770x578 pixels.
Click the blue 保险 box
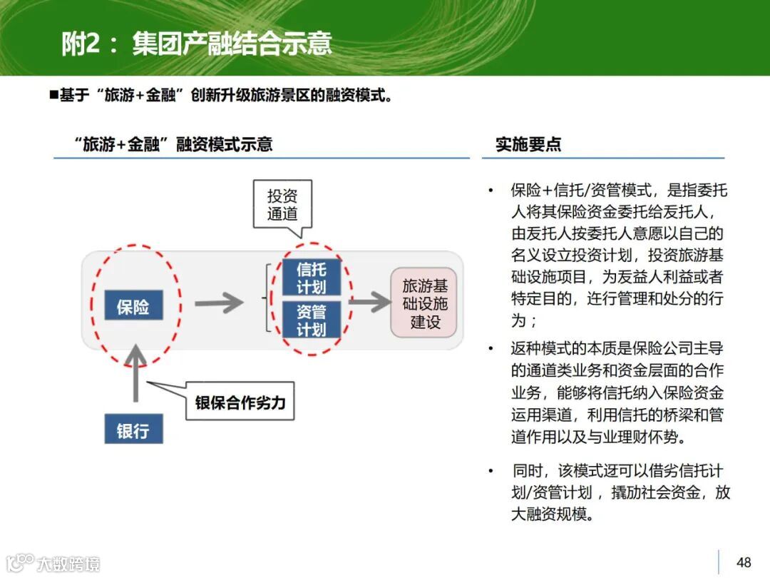point(133,307)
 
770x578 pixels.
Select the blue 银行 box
point(133,430)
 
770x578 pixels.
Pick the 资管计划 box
point(312,320)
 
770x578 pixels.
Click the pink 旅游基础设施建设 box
point(425,303)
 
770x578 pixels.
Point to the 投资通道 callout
point(282,205)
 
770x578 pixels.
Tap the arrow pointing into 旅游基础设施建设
point(369,302)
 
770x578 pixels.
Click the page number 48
point(744,562)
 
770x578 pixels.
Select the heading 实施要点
point(528,144)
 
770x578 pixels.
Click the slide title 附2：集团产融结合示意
point(196,44)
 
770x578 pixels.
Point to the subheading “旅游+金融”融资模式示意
point(173,144)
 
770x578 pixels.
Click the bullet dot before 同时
point(491,472)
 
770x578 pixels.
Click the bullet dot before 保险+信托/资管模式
point(491,191)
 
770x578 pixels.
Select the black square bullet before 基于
point(53,95)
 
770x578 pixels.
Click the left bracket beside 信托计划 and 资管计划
point(267,298)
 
